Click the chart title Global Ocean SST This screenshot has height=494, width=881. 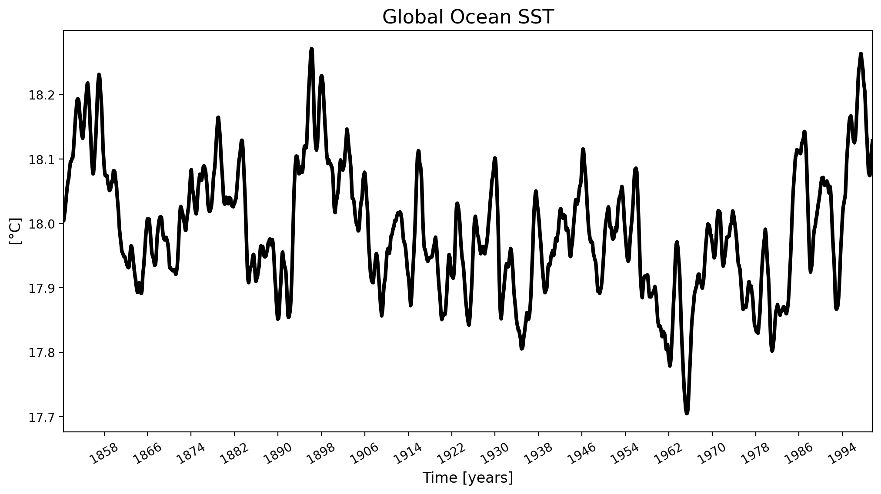(x=468, y=17)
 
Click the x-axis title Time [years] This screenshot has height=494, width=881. (x=468, y=478)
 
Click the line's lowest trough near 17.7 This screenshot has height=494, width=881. (x=687, y=413)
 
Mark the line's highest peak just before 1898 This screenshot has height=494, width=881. (x=311, y=49)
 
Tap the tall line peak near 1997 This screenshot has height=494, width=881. (x=861, y=54)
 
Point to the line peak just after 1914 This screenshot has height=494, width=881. (x=418, y=151)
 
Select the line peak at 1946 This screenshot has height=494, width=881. (x=583, y=150)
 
